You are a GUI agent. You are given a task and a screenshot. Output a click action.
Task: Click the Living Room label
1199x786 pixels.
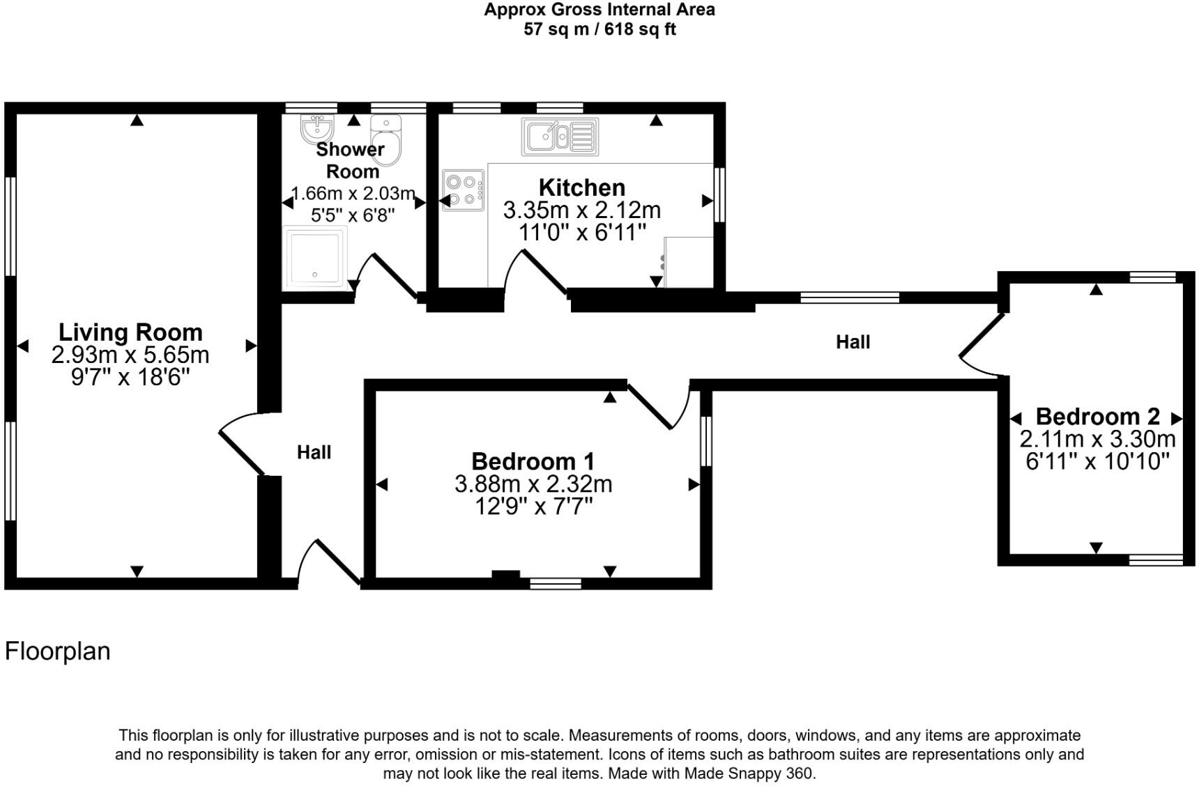coord(130,332)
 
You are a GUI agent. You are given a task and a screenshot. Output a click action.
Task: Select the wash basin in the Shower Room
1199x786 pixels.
coord(317,128)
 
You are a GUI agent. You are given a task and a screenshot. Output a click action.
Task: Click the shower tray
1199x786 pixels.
coord(314,257)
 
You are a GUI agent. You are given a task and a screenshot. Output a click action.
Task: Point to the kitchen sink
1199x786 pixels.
coord(560,137)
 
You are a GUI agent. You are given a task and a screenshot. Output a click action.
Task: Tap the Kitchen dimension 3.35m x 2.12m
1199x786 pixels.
coord(582,210)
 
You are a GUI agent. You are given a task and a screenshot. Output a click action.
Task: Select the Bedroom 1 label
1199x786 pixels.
coord(533,461)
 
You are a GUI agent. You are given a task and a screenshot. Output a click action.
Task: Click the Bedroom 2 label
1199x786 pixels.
coord(1097,417)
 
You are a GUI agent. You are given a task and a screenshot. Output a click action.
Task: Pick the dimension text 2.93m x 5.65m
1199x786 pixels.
coord(130,355)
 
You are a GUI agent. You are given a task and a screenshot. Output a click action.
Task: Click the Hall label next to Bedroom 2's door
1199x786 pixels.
coord(853,342)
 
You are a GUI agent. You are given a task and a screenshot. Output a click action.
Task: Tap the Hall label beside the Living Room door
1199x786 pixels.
coord(314,453)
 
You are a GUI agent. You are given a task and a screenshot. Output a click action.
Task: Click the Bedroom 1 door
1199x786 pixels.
coord(650,406)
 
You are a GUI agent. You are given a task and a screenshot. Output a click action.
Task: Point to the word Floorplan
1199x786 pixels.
coord(58,652)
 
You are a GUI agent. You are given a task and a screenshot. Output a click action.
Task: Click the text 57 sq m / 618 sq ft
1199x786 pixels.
coord(599,30)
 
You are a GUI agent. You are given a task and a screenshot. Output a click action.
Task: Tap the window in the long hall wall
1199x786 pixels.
coord(849,298)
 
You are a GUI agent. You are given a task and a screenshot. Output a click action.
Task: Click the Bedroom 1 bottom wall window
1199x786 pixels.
coord(556,583)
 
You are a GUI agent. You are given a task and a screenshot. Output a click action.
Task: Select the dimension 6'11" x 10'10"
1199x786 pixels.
coord(1097,462)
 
